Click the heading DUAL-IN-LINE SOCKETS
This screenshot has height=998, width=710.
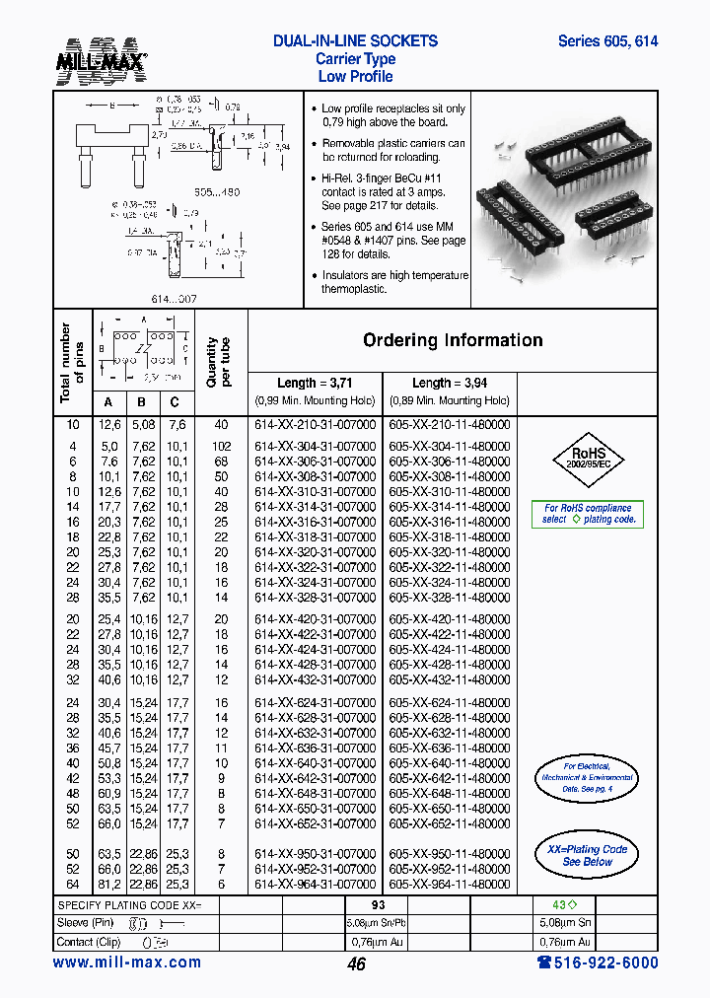pos(355,41)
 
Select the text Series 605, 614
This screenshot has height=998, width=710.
pos(607,41)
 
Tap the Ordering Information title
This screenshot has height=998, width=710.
pos(453,340)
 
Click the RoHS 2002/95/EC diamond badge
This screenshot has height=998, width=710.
pos(590,459)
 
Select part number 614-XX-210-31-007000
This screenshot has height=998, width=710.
pos(315,424)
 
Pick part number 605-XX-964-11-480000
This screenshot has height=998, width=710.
pos(450,885)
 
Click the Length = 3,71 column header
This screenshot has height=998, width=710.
pos(315,383)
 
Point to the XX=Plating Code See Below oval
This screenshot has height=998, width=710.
pos(587,855)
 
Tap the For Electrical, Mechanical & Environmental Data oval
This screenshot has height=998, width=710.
pos(587,778)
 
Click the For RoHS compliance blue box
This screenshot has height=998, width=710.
pos(589,514)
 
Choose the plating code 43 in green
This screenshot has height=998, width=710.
pos(556,905)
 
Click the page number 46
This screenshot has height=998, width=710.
pos(356,964)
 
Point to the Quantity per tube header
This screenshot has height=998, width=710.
pos(218,362)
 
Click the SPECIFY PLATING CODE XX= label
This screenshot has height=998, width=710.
pos(129,905)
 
